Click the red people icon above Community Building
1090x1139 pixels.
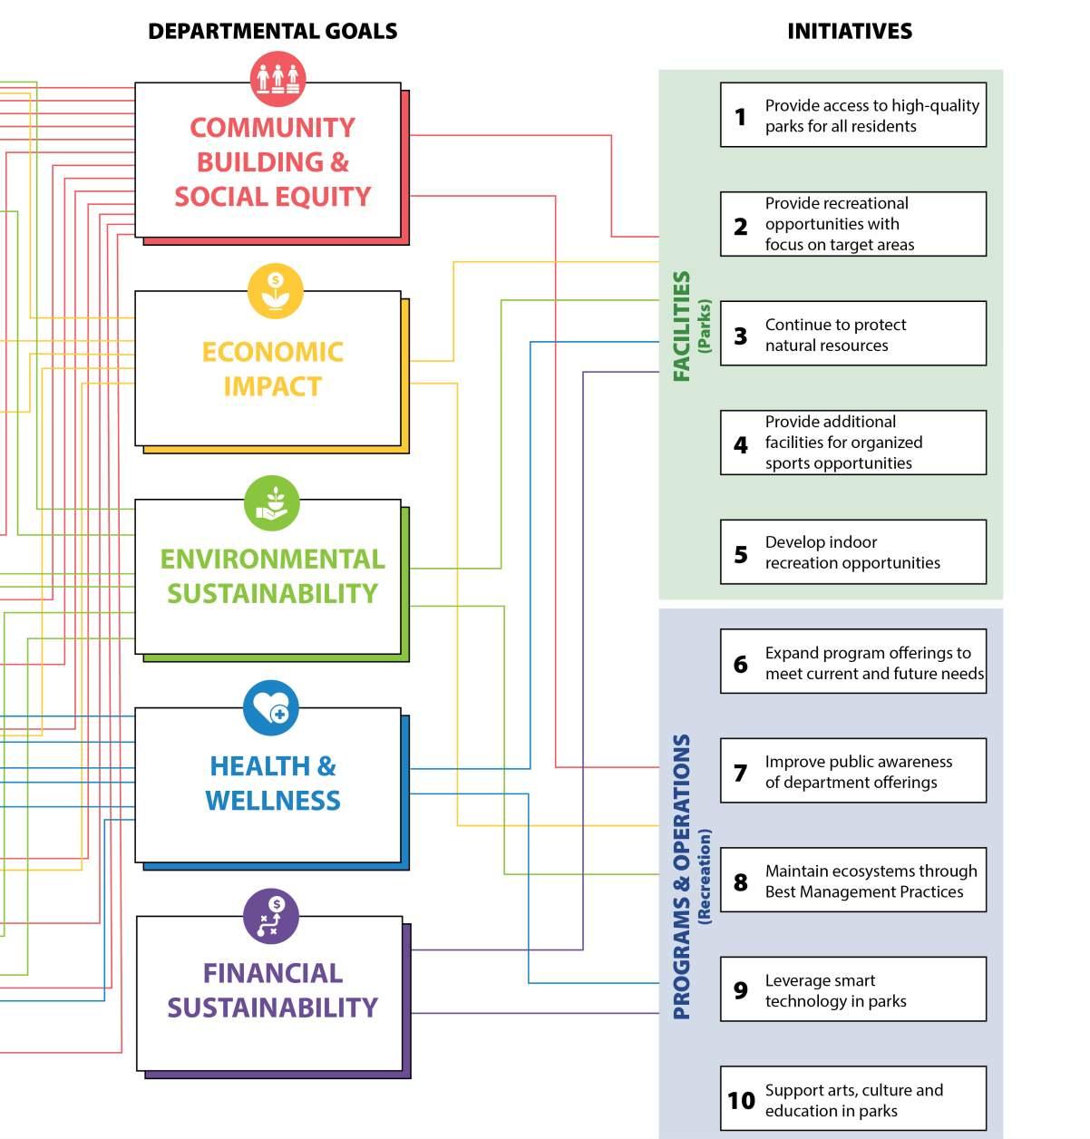[x=277, y=79]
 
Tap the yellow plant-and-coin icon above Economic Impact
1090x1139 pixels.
[x=276, y=290]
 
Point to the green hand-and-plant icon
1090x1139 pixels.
[x=272, y=502]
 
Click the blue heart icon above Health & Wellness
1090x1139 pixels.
[x=270, y=708]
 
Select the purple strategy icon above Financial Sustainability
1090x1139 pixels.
[x=270, y=916]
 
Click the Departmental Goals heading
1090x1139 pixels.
[x=272, y=31]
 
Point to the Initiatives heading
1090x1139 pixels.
[x=850, y=31]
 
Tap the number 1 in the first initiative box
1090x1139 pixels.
[x=741, y=116]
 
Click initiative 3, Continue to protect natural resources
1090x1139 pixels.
[x=853, y=334]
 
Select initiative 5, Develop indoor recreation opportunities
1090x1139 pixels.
[x=853, y=552]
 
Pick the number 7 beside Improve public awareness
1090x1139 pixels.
[x=741, y=773]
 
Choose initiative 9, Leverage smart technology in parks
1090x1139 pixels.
[x=853, y=989]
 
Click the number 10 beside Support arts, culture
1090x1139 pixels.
[x=741, y=1100]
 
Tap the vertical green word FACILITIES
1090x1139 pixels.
[x=682, y=326]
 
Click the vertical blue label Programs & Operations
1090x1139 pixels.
[x=682, y=877]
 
